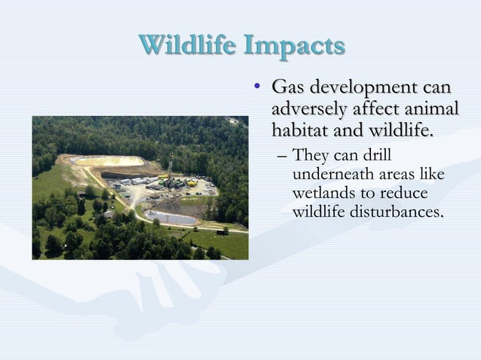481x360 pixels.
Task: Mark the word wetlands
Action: coord(324,194)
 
